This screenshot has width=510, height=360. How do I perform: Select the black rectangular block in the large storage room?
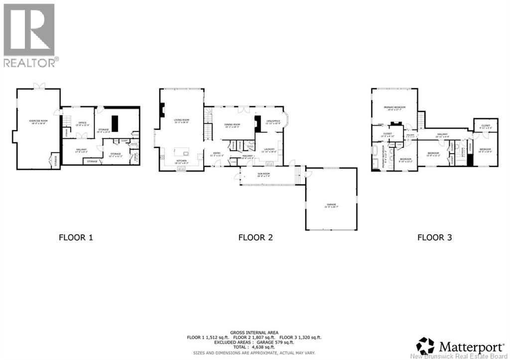tap(116, 123)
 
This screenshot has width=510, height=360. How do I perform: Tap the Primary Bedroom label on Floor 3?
tap(394, 108)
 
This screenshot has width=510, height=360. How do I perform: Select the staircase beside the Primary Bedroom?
tap(421, 120)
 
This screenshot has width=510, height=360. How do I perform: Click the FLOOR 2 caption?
tap(255, 238)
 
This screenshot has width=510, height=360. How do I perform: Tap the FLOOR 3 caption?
tap(434, 238)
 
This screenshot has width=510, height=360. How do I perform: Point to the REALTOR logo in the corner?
tap(29, 35)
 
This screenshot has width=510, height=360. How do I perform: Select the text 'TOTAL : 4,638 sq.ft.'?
tap(255, 347)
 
